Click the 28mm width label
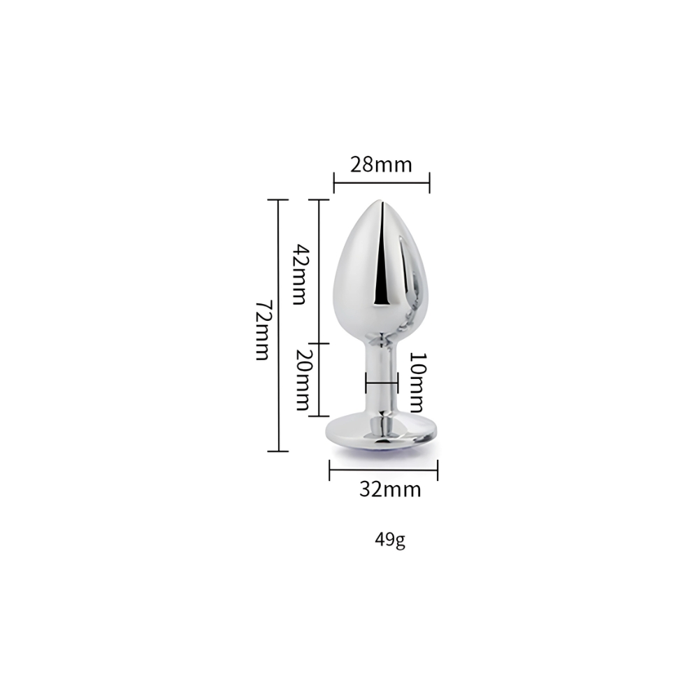click(381, 165)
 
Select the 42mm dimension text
click(298, 275)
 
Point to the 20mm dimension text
click(301, 380)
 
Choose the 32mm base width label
click(390, 489)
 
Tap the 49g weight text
click(390, 539)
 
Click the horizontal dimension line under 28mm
click(382, 184)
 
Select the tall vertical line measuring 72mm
click(278, 326)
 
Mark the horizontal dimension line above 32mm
click(383, 470)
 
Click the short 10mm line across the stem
click(382, 383)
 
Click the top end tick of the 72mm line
click(278, 200)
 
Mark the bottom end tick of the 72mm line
click(278, 452)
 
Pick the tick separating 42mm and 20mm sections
click(319, 343)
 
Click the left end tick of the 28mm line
click(334, 184)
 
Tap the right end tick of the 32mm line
click(437, 470)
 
